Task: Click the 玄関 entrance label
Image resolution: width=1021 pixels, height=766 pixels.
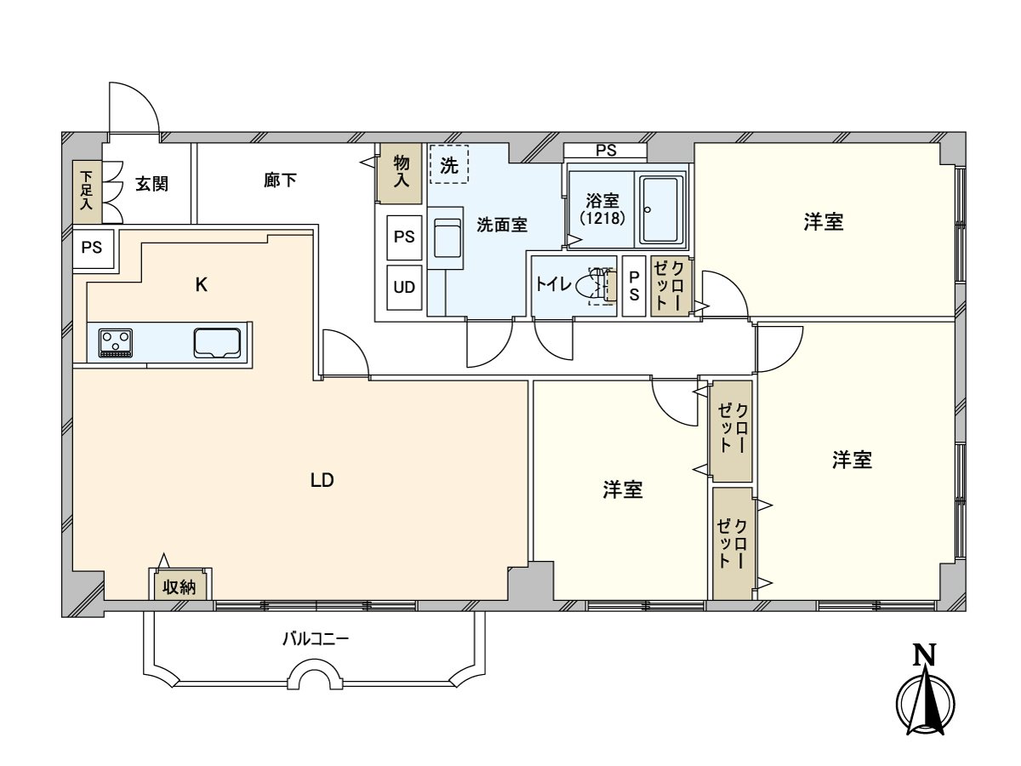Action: pos(151,184)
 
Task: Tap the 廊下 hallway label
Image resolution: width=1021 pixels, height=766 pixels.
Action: pos(280,180)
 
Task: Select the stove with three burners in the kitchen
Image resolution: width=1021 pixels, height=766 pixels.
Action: pos(117,343)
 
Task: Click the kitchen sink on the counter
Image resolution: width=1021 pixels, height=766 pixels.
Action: pos(219,343)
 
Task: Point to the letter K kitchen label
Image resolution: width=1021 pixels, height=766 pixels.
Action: pos(201,285)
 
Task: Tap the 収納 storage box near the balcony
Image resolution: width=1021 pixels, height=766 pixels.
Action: pos(180,586)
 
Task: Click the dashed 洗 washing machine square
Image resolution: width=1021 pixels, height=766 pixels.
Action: pos(449,165)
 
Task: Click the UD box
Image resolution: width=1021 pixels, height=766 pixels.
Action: pos(404,288)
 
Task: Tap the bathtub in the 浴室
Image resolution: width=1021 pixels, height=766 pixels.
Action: pos(660,209)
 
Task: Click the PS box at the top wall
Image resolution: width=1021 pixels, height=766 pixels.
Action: pos(605,151)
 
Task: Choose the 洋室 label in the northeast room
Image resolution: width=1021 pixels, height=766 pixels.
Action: pos(823,222)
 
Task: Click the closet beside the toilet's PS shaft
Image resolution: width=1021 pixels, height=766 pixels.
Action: pos(670,287)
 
